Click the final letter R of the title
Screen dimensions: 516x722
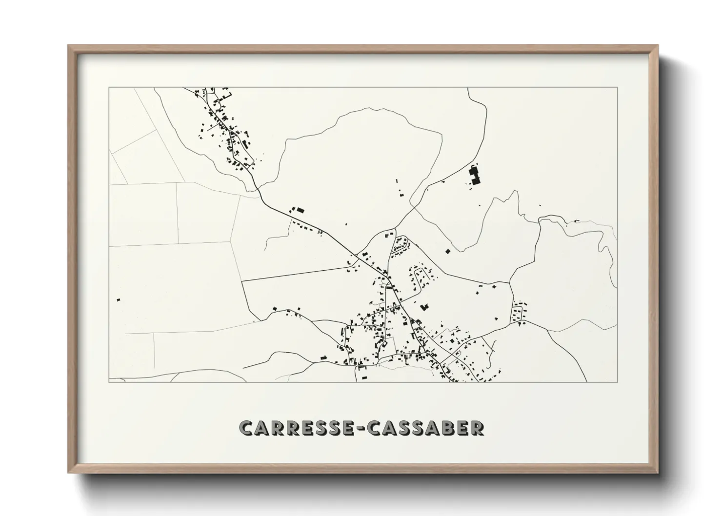pos(478,428)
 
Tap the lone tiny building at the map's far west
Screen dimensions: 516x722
pos(118,299)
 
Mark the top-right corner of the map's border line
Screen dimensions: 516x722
pos(617,87)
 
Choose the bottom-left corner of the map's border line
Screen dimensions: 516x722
pos(109,382)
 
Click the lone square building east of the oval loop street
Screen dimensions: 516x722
pos(447,252)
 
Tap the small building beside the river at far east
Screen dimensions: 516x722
pos(576,221)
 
